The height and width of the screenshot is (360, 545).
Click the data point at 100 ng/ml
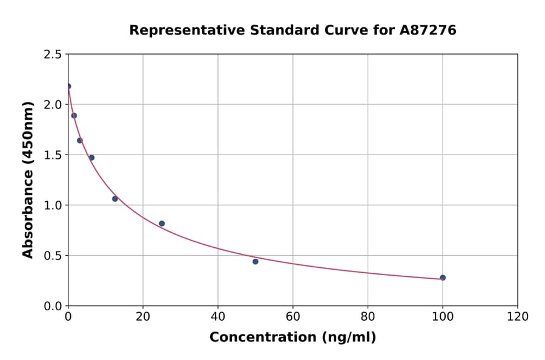443,278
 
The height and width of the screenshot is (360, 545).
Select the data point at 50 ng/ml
256,261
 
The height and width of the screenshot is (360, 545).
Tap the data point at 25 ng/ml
162,224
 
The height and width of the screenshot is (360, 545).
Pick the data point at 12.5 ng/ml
115,199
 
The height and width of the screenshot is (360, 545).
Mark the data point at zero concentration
68,86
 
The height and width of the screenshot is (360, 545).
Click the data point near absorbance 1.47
91,158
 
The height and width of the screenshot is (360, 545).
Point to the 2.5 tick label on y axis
53,55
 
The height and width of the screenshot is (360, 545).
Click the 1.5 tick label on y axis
53,155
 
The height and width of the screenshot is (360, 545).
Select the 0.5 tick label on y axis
53,256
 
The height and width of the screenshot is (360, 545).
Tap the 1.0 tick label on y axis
53,205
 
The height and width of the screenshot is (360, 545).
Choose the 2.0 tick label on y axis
53,105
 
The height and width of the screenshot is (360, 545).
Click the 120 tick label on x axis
518,316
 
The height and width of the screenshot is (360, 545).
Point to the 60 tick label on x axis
293,316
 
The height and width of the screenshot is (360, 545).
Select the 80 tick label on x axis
368,316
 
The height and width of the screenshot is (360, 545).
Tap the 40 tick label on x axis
218,316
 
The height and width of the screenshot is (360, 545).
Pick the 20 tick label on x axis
143,316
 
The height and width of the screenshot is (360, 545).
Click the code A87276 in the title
428,30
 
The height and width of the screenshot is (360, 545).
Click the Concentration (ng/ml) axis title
292,338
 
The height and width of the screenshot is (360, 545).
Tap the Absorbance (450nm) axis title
28,179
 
